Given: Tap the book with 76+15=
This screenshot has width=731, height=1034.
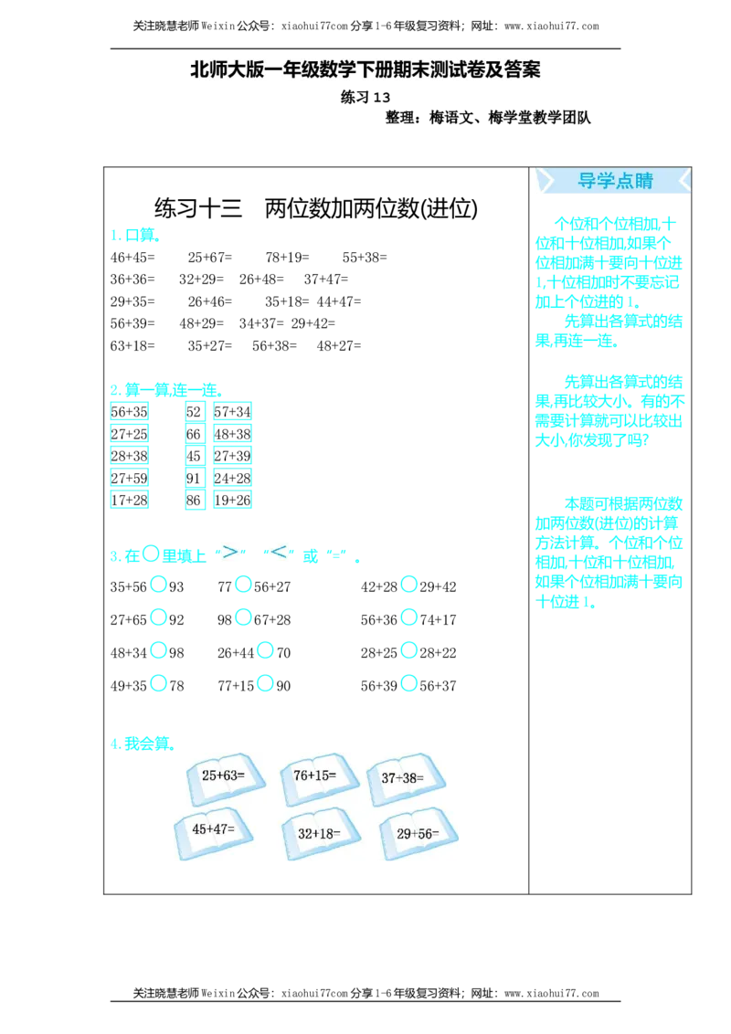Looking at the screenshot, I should point(316,776).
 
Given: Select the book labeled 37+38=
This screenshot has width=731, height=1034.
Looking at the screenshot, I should point(404,779).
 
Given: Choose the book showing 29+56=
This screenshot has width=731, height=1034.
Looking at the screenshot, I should point(417,833).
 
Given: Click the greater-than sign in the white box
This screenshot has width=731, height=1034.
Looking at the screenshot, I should point(230,551).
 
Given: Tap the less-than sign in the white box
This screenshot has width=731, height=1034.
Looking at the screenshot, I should point(279,551).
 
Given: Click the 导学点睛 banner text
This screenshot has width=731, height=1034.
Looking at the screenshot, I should point(615,181).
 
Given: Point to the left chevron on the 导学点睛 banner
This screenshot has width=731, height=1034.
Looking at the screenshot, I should point(546,181).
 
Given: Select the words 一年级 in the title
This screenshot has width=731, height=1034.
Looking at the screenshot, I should point(285,70).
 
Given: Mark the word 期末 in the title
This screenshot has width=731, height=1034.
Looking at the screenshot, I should point(418,70).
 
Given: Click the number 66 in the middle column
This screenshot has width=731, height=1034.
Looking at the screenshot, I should point(194,432).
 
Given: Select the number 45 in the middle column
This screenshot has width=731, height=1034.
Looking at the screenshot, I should point(194,455).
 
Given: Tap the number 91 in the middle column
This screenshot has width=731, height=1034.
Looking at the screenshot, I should point(194,477).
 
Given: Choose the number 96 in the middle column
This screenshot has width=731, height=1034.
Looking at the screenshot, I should point(194,500).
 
